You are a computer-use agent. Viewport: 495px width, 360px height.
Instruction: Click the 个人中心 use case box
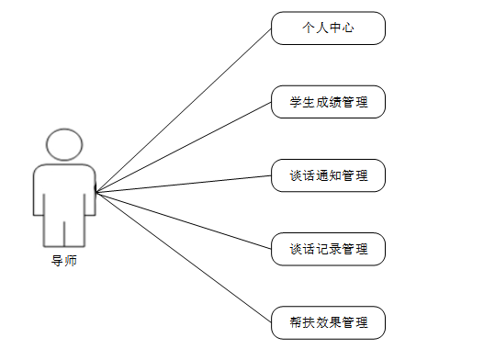(328, 28)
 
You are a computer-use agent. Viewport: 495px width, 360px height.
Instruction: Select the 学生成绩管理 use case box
(328, 102)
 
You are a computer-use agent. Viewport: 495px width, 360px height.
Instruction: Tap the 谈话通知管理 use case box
(328, 175)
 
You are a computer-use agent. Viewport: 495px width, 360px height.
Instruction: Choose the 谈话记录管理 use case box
(328, 249)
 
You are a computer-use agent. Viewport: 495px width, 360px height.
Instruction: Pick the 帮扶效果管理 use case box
(328, 322)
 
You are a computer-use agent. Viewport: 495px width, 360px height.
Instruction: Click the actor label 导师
(64, 261)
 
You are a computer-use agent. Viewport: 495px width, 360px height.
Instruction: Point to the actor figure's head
(64, 145)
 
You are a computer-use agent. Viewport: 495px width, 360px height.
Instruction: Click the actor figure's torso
(64, 188)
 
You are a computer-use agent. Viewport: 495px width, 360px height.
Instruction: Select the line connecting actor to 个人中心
(184, 110)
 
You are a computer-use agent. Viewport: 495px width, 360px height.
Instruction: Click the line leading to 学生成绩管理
(184, 147)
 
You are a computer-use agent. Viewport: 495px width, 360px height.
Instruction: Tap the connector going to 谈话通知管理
(184, 184)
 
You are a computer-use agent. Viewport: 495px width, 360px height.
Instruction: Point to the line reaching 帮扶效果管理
(184, 257)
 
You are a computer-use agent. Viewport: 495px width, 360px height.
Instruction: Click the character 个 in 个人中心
(309, 28)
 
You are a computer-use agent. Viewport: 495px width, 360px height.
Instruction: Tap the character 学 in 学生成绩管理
(296, 102)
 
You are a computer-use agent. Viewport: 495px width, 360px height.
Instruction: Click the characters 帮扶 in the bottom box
(302, 322)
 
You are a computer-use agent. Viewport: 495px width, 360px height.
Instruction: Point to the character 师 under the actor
(71, 261)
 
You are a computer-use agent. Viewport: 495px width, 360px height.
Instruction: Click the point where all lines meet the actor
(96, 192)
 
